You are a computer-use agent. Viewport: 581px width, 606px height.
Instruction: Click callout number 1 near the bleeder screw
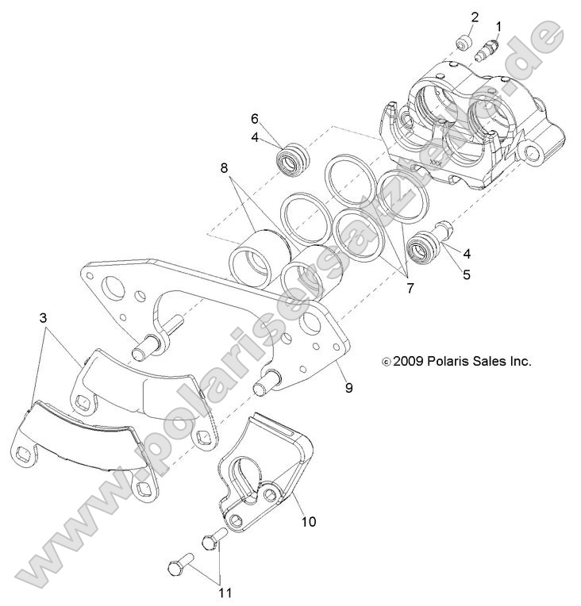point(498,27)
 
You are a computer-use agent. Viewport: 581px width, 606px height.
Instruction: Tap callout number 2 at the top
point(475,17)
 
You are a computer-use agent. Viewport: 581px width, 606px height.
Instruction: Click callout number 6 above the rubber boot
point(255,119)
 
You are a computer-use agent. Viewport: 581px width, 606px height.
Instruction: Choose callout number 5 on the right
point(466,275)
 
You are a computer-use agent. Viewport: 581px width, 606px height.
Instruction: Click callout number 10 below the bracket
point(308,521)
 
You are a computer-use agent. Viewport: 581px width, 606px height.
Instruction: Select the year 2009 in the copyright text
point(407,361)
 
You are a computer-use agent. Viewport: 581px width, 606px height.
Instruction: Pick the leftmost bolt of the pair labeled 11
point(179,567)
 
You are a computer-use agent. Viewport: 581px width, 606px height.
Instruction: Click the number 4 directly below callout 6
point(255,136)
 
